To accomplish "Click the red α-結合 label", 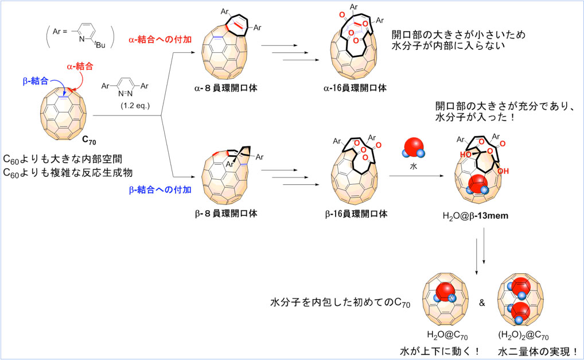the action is [80, 67].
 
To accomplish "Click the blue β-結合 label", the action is [36, 81].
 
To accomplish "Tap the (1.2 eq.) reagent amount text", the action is [135, 106].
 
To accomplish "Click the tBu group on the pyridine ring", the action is [99, 45].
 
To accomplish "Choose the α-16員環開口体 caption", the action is [355, 88].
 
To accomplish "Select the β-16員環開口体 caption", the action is [356, 214].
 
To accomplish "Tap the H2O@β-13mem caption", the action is [475, 216].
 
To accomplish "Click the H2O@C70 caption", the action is [447, 336].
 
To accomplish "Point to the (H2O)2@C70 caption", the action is [523, 336].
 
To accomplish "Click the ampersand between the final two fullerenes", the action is [482, 303].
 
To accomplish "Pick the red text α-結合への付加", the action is [160, 40].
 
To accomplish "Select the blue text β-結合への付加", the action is [160, 190].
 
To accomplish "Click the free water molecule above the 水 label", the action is [414, 148].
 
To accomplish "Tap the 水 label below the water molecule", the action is [414, 167].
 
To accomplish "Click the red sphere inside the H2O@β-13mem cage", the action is [477, 183].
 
